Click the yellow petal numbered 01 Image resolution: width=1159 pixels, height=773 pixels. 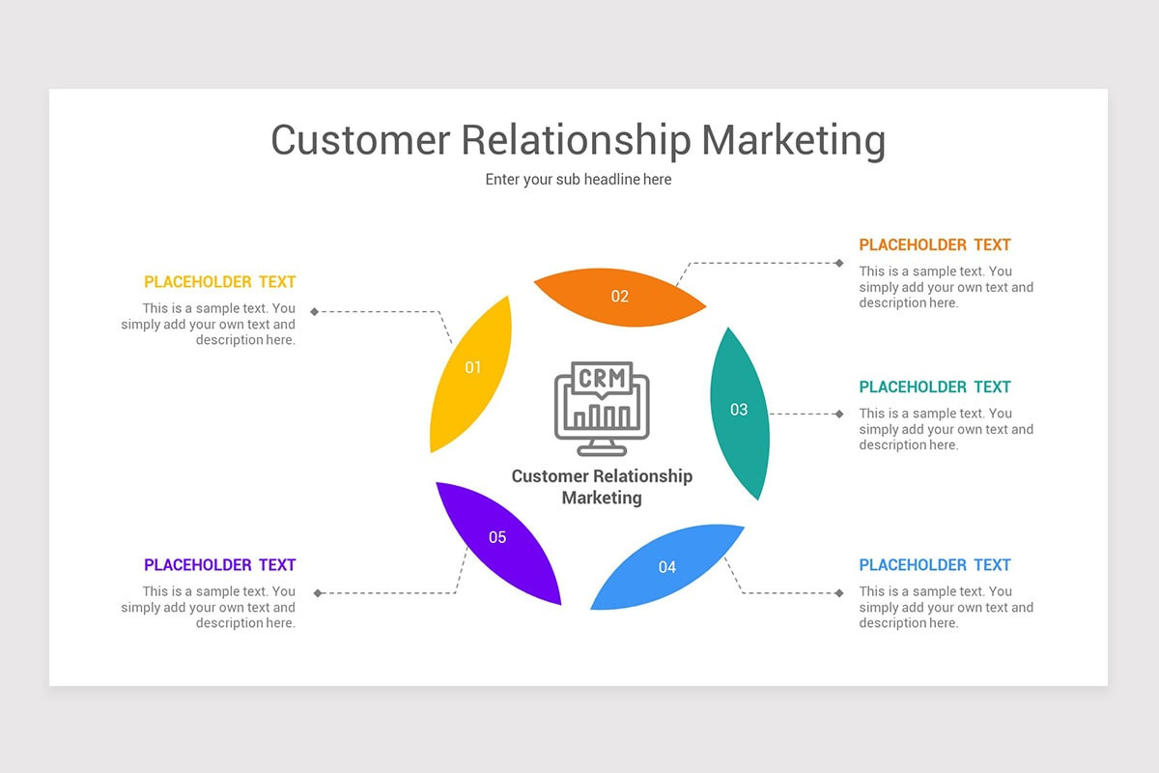[471, 372]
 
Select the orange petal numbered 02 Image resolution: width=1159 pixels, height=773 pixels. [620, 297]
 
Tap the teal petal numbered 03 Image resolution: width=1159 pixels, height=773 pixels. [740, 411]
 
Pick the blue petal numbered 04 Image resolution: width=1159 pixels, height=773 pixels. [667, 566]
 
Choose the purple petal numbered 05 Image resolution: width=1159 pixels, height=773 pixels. [497, 538]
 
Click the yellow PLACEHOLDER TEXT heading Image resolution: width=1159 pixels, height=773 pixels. [220, 282]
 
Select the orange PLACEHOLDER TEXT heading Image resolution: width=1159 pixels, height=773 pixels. [935, 245]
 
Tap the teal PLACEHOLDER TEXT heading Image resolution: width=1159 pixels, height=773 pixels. [935, 387]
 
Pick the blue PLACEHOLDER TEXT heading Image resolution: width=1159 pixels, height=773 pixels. [935, 565]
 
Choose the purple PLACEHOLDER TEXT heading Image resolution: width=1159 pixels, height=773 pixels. [220, 565]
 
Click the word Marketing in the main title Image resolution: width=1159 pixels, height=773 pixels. [793, 140]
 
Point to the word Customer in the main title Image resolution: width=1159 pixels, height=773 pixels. [360, 140]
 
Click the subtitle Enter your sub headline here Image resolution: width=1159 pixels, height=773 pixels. [579, 180]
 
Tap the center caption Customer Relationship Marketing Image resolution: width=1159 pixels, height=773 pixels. [602, 487]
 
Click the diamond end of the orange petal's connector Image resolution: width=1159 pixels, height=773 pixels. [839, 263]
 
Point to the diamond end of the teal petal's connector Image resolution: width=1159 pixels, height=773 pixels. [839, 414]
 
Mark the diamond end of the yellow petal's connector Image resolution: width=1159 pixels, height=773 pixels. [315, 311]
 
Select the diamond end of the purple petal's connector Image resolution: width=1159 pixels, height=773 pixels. [318, 593]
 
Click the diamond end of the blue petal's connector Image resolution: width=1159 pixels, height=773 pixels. [839, 592]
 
